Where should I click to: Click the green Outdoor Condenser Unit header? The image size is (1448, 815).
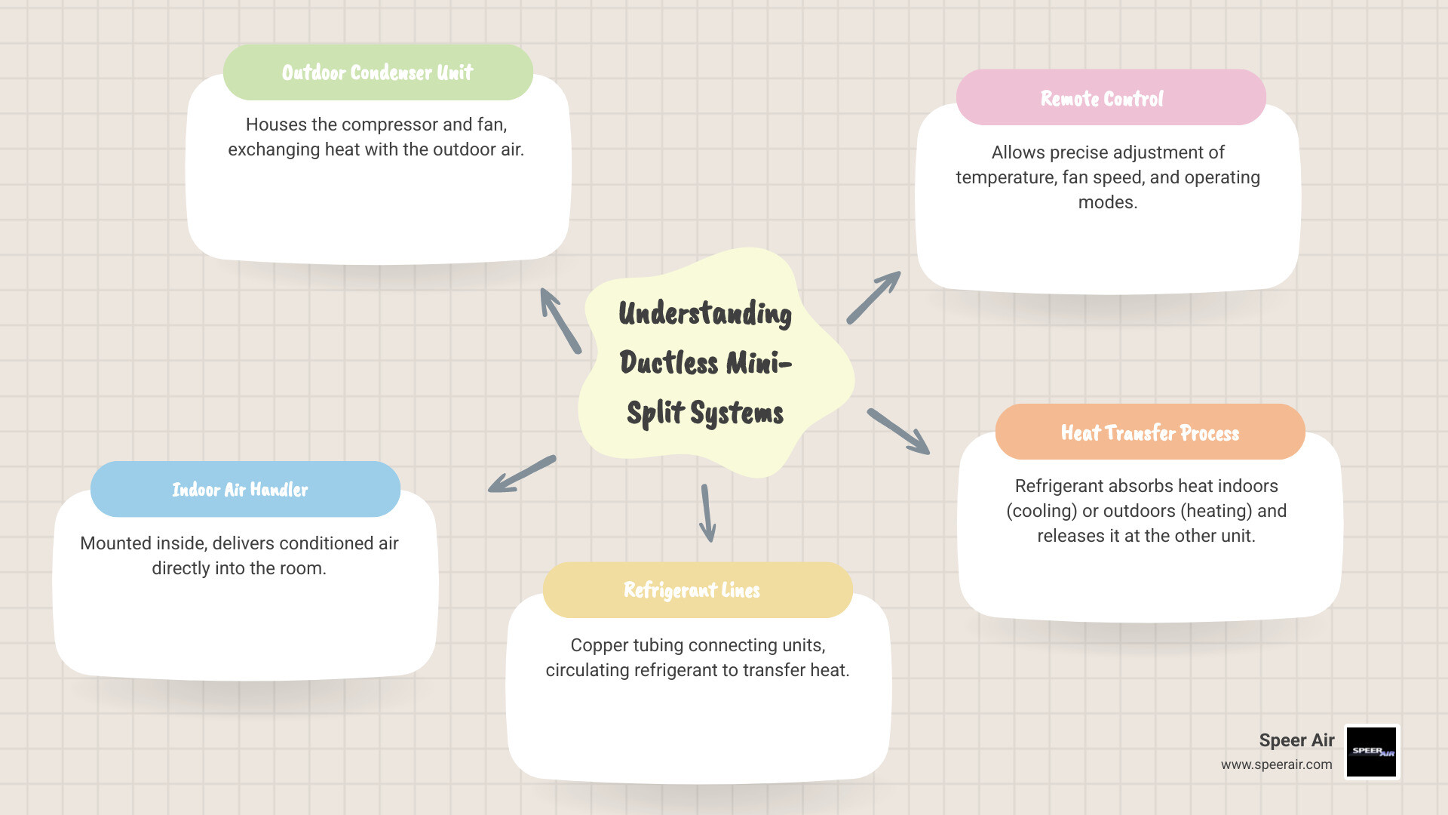(x=378, y=72)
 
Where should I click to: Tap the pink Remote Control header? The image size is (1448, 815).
(x=1110, y=98)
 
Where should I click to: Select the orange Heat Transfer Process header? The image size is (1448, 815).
(x=1150, y=432)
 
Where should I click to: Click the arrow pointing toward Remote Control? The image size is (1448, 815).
(x=873, y=297)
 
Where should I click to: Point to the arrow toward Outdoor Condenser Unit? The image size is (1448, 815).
(x=560, y=320)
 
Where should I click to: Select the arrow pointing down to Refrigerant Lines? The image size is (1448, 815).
(x=707, y=512)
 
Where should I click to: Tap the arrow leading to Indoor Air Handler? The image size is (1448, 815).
(x=522, y=474)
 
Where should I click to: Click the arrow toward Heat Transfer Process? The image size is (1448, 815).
(x=898, y=432)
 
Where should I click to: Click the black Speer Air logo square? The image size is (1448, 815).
(x=1372, y=752)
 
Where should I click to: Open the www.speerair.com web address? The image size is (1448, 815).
(x=1276, y=764)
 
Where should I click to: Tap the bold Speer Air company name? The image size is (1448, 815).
(x=1296, y=740)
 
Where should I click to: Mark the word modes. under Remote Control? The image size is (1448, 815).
(x=1107, y=202)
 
